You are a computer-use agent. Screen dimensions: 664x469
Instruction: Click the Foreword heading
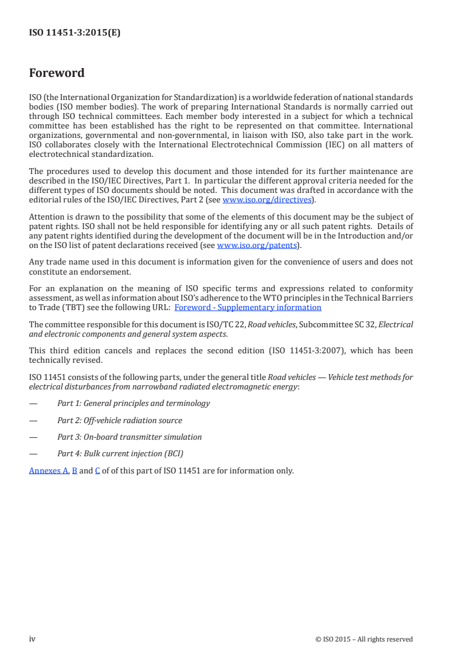click(x=57, y=73)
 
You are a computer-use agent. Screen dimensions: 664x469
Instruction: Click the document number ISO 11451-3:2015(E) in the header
click(x=75, y=33)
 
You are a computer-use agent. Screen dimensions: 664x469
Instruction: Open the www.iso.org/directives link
click(x=267, y=200)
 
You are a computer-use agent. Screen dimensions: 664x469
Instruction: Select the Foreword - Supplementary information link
click(x=248, y=307)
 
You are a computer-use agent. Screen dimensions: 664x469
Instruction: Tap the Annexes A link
click(x=49, y=471)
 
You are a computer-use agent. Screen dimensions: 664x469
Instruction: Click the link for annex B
click(x=75, y=471)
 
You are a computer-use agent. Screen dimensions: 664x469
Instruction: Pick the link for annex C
click(x=97, y=471)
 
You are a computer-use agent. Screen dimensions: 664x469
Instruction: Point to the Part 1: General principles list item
click(x=133, y=403)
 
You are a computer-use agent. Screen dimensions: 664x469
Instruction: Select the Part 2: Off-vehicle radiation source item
click(x=119, y=420)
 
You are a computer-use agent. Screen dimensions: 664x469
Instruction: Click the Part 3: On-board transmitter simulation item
click(x=130, y=437)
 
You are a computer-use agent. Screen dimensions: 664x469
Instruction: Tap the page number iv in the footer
click(x=33, y=639)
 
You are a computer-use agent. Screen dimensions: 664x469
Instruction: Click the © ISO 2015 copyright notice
click(x=364, y=639)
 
